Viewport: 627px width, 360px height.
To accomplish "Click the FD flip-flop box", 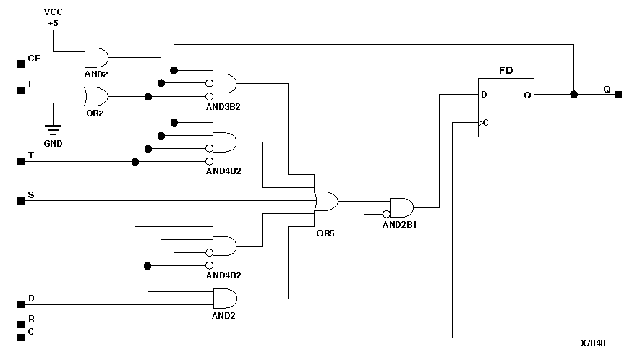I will [506, 107].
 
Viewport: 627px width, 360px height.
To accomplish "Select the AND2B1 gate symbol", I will [401, 208].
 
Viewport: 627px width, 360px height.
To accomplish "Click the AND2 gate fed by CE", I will [96, 57].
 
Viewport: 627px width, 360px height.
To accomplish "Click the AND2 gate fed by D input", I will [225, 298].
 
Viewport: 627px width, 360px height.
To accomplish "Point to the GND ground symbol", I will [52, 132].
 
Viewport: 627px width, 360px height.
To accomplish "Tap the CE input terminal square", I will [21, 64].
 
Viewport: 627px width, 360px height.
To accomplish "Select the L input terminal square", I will [21, 91].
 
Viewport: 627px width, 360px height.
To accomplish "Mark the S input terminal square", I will [21, 201].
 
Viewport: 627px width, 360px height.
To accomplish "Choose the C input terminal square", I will [21, 337].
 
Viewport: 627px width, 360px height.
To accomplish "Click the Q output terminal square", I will [618, 95].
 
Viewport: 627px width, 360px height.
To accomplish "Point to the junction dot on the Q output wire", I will [573, 95].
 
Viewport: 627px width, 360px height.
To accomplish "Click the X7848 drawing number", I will [592, 343].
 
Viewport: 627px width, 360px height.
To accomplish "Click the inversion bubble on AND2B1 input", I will [386, 214].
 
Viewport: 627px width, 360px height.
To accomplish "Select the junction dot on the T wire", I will [135, 162].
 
